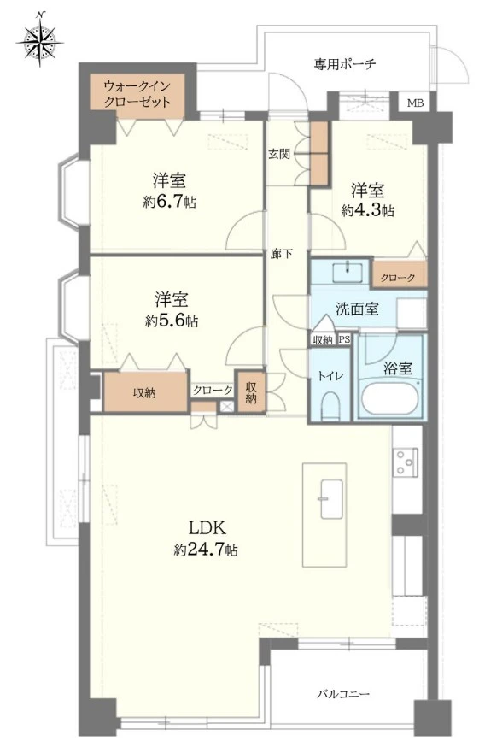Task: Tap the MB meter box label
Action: pyautogui.click(x=415, y=103)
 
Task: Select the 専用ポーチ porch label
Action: pyautogui.click(x=345, y=63)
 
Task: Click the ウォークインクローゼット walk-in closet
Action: pyautogui.click(x=137, y=93)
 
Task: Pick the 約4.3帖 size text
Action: pyautogui.click(x=367, y=209)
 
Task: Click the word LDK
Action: pyautogui.click(x=205, y=526)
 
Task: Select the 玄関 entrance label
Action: pyautogui.click(x=279, y=154)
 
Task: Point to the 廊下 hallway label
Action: pyautogui.click(x=281, y=254)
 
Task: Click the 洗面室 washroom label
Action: pyautogui.click(x=356, y=309)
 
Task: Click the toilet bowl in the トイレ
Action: pyautogui.click(x=331, y=403)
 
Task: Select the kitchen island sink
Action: pyautogui.click(x=330, y=493)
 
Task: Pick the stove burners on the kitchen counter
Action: pyautogui.click(x=406, y=462)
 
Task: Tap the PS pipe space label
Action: pyautogui.click(x=344, y=339)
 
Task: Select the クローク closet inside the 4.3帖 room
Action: pyautogui.click(x=398, y=278)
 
